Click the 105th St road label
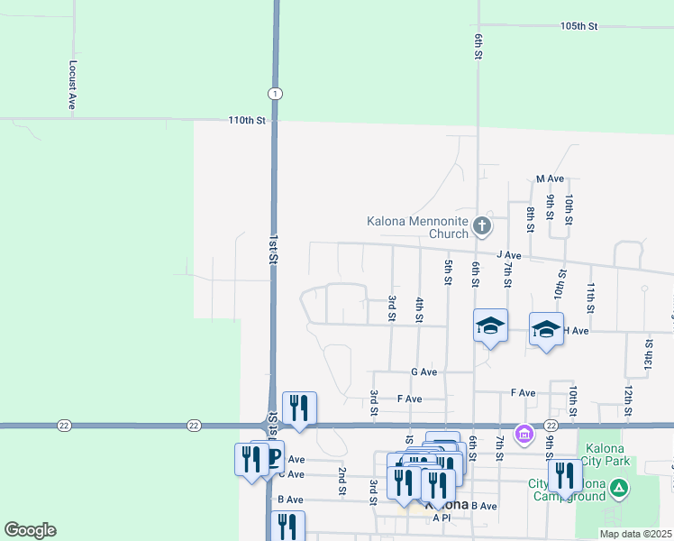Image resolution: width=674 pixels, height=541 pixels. [x=578, y=27]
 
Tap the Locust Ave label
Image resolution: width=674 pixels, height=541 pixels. [x=72, y=86]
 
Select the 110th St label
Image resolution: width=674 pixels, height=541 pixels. [x=248, y=120]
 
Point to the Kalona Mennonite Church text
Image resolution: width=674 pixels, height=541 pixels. [x=417, y=227]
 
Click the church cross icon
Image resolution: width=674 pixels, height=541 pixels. [x=482, y=225]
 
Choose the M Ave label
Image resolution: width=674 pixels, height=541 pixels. [x=549, y=179]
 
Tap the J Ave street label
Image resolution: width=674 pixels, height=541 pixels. [x=508, y=256]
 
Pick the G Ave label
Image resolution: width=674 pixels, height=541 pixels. [x=424, y=371]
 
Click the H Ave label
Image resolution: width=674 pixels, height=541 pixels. [x=576, y=331]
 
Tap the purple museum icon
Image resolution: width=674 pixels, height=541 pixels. [x=524, y=436]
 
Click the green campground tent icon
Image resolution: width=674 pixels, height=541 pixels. [x=618, y=490]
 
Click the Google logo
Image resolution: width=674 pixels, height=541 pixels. [x=30, y=530]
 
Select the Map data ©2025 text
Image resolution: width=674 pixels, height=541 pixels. [x=635, y=534]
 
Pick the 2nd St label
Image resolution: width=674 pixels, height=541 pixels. [x=342, y=481]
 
